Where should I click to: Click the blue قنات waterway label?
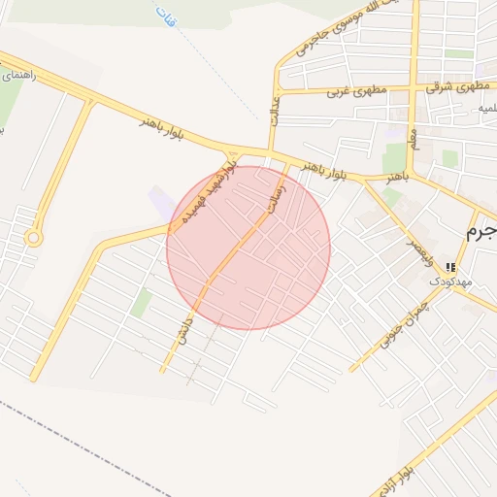coord(165,16)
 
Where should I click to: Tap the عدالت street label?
coord(274,107)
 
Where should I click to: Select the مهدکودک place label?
coord(448,281)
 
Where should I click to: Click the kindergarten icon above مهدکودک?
coord(449,267)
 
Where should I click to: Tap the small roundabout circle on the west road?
coord(34,237)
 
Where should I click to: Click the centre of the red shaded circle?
coord(248,248)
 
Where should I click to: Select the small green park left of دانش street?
coord(142,303)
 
